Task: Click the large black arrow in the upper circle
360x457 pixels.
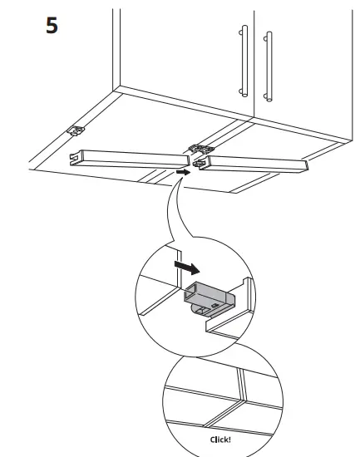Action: point(189,268)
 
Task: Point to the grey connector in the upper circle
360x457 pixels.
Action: point(206,295)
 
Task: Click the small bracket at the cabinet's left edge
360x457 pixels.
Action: point(76,131)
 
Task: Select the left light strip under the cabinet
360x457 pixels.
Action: point(129,158)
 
